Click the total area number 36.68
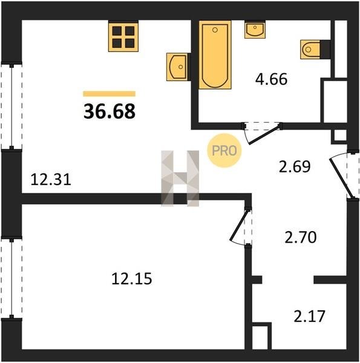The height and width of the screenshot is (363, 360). pyautogui.click(x=110, y=111)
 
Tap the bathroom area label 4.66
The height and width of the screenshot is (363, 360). pyautogui.click(x=271, y=79)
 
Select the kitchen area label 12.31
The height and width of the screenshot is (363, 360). pyautogui.click(x=51, y=180)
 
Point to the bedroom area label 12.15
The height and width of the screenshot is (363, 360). pyautogui.click(x=132, y=278)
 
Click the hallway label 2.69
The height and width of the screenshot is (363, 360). pyautogui.click(x=295, y=167)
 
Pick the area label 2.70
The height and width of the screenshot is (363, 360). pyautogui.click(x=301, y=238)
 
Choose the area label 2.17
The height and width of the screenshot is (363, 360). pyautogui.click(x=310, y=316)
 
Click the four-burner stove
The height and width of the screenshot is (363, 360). pyautogui.click(x=123, y=36)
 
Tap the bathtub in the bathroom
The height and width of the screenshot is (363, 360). pyautogui.click(x=215, y=54)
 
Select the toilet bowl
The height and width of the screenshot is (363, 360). pyautogui.click(x=312, y=50)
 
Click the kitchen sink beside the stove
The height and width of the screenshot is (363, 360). pyautogui.click(x=177, y=67)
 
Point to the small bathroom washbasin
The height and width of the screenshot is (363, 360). pyautogui.click(x=255, y=29)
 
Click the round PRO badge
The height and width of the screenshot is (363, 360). pyautogui.click(x=224, y=151)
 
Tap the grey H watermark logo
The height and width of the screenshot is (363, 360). pyautogui.click(x=180, y=178)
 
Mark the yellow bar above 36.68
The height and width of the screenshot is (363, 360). pyautogui.click(x=110, y=94)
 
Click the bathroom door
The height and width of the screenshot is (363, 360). pyautogui.click(x=262, y=133)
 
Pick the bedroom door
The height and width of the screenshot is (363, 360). pyautogui.click(x=241, y=226)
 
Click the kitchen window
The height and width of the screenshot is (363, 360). pyautogui.click(x=11, y=106)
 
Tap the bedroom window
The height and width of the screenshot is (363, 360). pyautogui.click(x=11, y=278)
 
